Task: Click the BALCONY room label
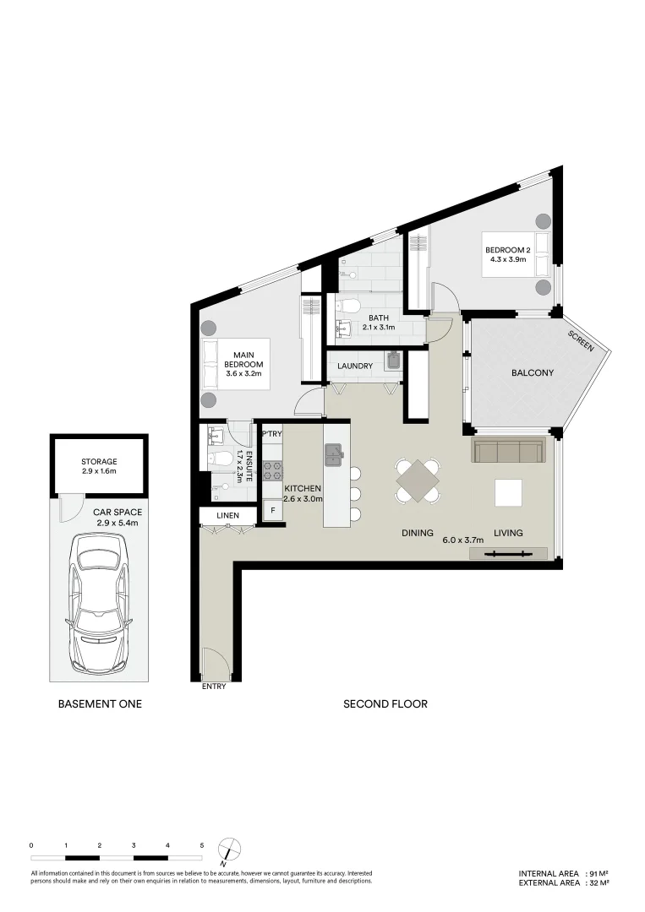[533, 372]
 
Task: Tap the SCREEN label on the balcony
[581, 339]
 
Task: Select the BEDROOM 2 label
[507, 250]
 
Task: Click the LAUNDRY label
[355, 366]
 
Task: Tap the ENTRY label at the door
[214, 687]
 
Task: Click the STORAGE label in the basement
[99, 462]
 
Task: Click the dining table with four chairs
[418, 481]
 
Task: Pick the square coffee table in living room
[509, 492]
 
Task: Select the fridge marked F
[272, 511]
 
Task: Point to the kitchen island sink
[334, 456]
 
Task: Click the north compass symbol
[228, 849]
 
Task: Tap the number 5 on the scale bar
[202, 844]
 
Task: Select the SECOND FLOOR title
[385, 703]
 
